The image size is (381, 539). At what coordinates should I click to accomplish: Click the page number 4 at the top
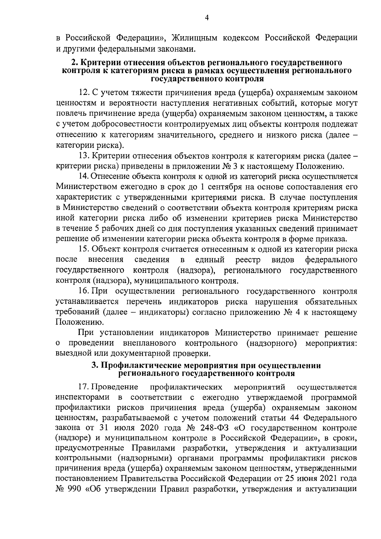tap(207, 19)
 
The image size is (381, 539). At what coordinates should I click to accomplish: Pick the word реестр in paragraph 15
tap(248, 259)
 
